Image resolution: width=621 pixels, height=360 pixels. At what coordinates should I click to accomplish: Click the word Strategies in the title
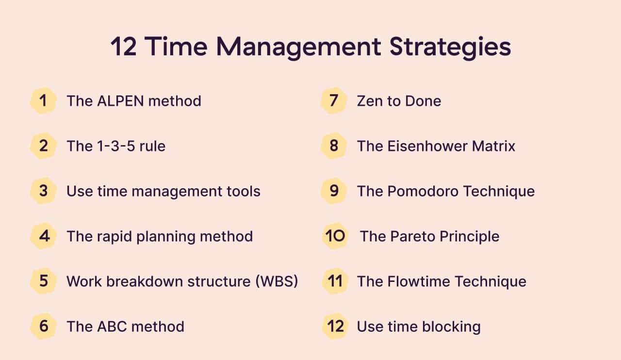450,48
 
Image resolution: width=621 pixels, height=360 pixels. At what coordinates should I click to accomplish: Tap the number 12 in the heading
124,47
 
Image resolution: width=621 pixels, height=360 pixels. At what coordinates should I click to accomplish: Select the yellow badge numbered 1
43,101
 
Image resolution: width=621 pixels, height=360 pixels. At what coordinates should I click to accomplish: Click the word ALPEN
120,101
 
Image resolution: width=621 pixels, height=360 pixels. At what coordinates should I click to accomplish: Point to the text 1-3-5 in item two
116,146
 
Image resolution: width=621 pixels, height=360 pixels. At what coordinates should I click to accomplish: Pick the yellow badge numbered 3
43,191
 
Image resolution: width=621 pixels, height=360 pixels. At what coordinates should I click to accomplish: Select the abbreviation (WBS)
277,281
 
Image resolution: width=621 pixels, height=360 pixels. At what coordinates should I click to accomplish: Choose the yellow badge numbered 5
43,281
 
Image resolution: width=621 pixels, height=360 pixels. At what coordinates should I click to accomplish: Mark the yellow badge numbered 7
334,101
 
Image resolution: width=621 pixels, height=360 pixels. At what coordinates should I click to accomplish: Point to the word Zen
370,101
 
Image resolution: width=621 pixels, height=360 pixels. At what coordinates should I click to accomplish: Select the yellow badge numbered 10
335,236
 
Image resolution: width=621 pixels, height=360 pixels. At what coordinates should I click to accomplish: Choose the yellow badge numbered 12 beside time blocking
335,326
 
